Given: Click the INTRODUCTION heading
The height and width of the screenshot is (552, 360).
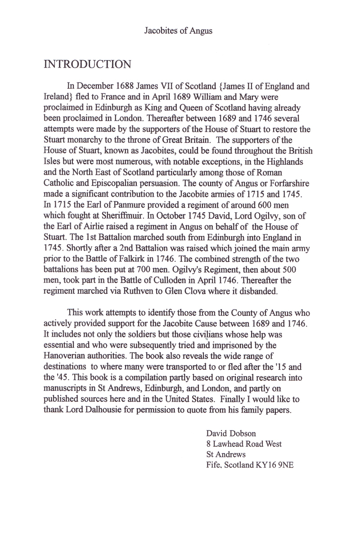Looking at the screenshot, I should coord(87,64).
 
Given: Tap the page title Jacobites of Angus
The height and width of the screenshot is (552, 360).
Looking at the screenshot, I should coord(178,31).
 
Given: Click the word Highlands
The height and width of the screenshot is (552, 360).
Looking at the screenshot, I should coord(287,162).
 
